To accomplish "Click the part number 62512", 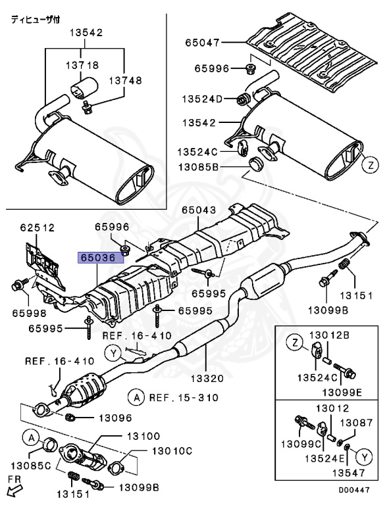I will pos(38,228).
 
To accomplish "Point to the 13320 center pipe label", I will pos(207,378).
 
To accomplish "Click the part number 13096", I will pos(115,418).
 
